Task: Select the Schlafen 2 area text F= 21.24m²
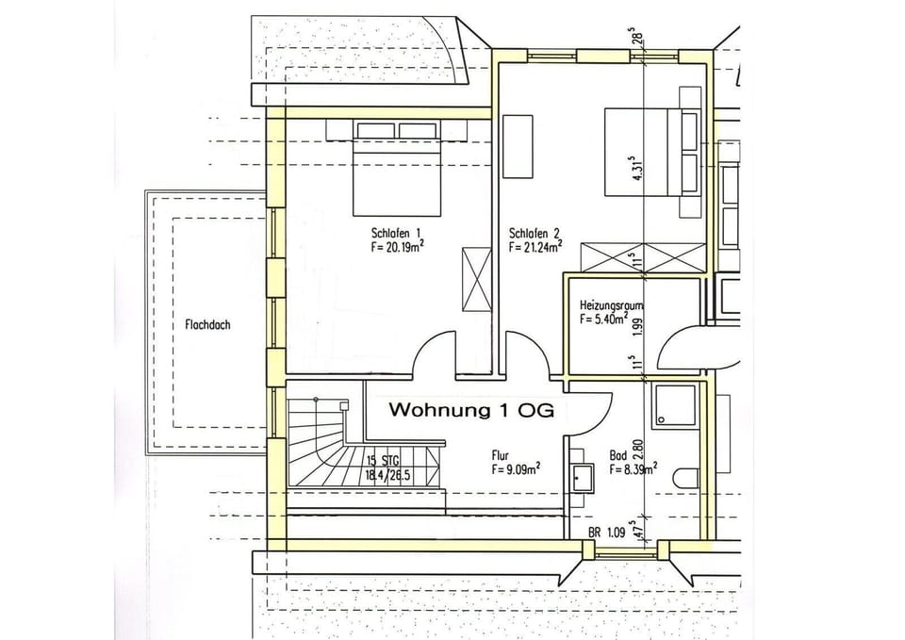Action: tap(535, 249)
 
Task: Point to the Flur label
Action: tap(500, 453)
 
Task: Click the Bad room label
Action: tap(618, 453)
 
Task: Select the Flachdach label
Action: tap(202, 325)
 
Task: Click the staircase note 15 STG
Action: tap(383, 461)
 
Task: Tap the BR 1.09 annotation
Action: tap(607, 533)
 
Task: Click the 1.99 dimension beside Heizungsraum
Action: tap(638, 327)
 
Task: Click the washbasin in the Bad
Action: tap(581, 479)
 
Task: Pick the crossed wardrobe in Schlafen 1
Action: tap(475, 278)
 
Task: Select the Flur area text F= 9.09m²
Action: tap(515, 468)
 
